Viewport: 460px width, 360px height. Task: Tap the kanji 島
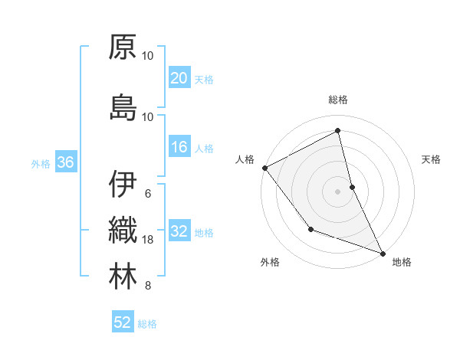pyautogui.click(x=123, y=106)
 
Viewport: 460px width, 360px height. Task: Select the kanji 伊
pyautogui.click(x=123, y=185)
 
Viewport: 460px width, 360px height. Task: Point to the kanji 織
pyautogui.click(x=123, y=231)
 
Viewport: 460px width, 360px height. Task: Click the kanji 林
pyautogui.click(x=123, y=277)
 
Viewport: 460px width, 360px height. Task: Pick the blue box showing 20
pyautogui.click(x=179, y=78)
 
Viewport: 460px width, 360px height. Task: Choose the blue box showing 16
pyautogui.click(x=179, y=148)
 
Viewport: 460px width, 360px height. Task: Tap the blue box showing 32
pyautogui.click(x=179, y=232)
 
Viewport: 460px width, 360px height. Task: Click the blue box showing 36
pyautogui.click(x=65, y=162)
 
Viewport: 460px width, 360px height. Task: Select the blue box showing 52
pyautogui.click(x=123, y=322)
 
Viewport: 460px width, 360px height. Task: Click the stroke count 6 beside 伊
pyautogui.click(x=148, y=193)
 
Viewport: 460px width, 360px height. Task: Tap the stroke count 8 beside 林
pyautogui.click(x=148, y=286)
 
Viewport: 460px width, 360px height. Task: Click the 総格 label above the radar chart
pyautogui.click(x=338, y=100)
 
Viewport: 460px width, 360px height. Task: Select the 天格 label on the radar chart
pyautogui.click(x=432, y=159)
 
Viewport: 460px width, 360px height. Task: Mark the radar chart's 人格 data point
pyautogui.click(x=264, y=168)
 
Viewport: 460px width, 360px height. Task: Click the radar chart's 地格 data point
pyautogui.click(x=383, y=253)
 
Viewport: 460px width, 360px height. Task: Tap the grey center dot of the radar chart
pyautogui.click(x=338, y=191)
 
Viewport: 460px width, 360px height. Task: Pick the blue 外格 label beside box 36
pyautogui.click(x=41, y=163)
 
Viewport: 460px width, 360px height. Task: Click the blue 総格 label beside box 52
pyautogui.click(x=147, y=324)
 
